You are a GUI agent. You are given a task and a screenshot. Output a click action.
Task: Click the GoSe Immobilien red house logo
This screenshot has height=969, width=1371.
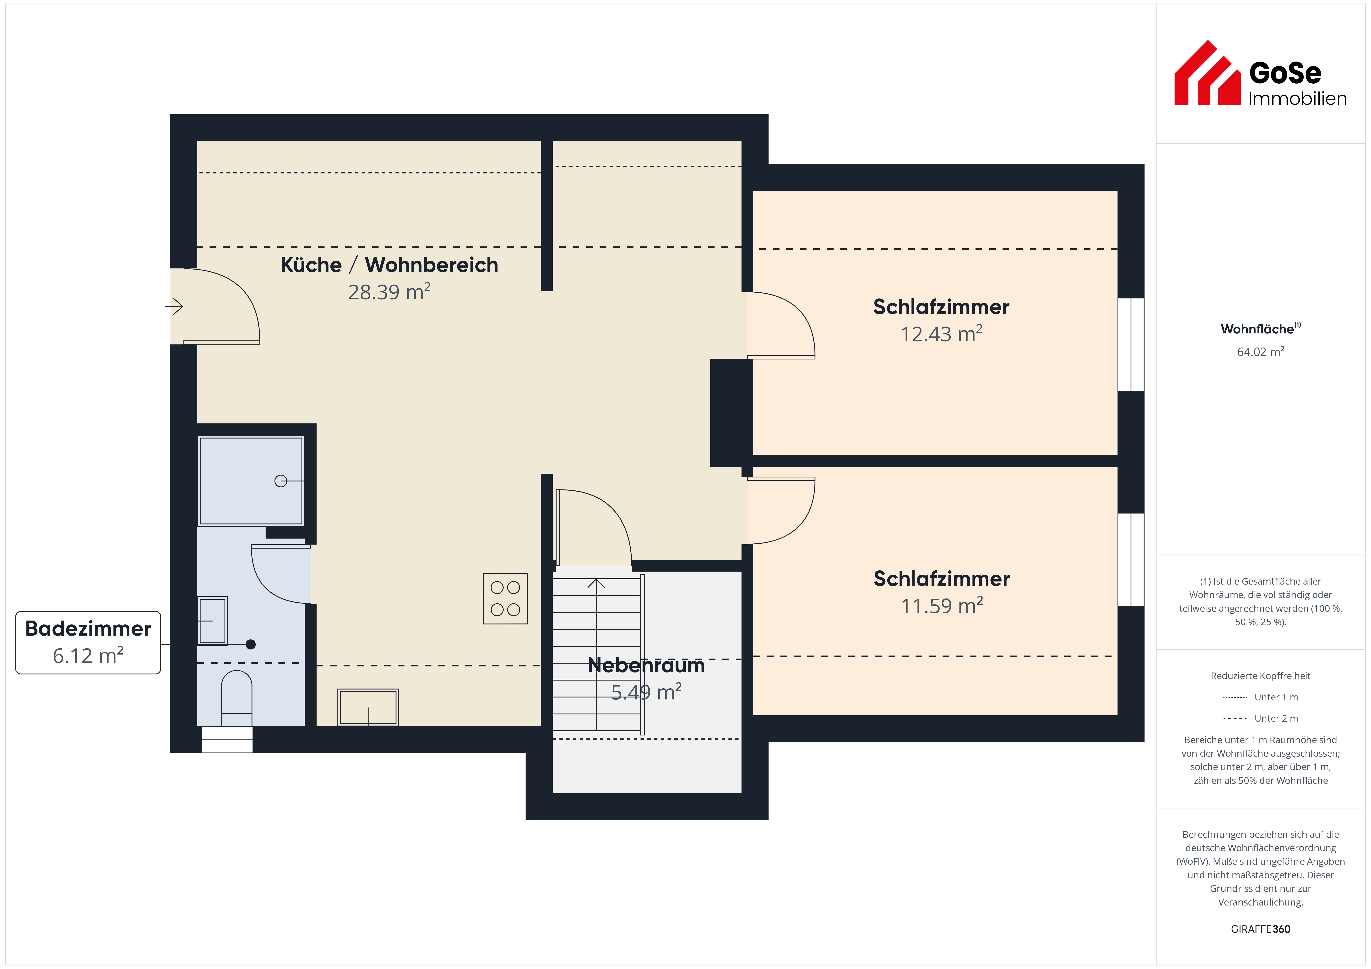tap(1207, 73)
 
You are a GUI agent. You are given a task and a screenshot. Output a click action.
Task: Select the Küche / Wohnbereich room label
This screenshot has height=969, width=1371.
tap(389, 264)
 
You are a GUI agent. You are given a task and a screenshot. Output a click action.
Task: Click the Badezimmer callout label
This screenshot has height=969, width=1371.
tap(88, 629)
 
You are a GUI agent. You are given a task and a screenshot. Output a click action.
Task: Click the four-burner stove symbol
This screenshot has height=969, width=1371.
tap(505, 599)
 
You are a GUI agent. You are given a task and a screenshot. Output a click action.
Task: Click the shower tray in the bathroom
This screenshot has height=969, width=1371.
tap(251, 481)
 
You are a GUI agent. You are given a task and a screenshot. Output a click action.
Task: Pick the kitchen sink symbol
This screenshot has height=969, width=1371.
tap(368, 707)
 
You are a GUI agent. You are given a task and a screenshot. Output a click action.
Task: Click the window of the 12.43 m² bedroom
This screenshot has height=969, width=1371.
tap(1131, 345)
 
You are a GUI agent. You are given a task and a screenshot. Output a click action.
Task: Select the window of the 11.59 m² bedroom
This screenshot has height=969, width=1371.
tap(1131, 559)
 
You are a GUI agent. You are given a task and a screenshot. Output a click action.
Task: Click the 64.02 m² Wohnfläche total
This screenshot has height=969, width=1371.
tap(1261, 352)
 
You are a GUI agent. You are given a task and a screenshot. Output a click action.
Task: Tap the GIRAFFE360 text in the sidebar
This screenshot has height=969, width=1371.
tap(1261, 929)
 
